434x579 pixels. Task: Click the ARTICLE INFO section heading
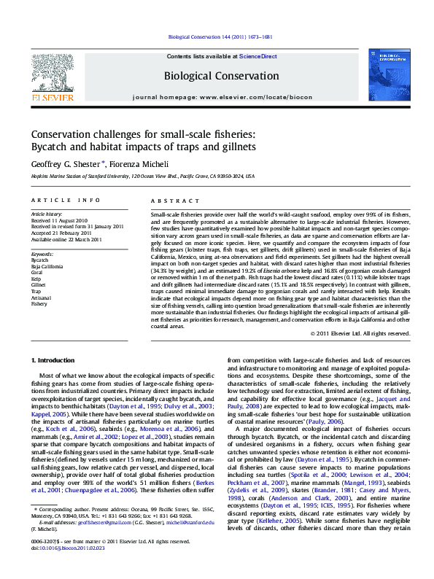65,200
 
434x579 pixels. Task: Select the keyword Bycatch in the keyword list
41,259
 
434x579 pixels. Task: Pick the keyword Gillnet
39,284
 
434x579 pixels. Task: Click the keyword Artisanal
42,298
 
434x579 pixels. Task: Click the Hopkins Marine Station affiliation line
142,176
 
